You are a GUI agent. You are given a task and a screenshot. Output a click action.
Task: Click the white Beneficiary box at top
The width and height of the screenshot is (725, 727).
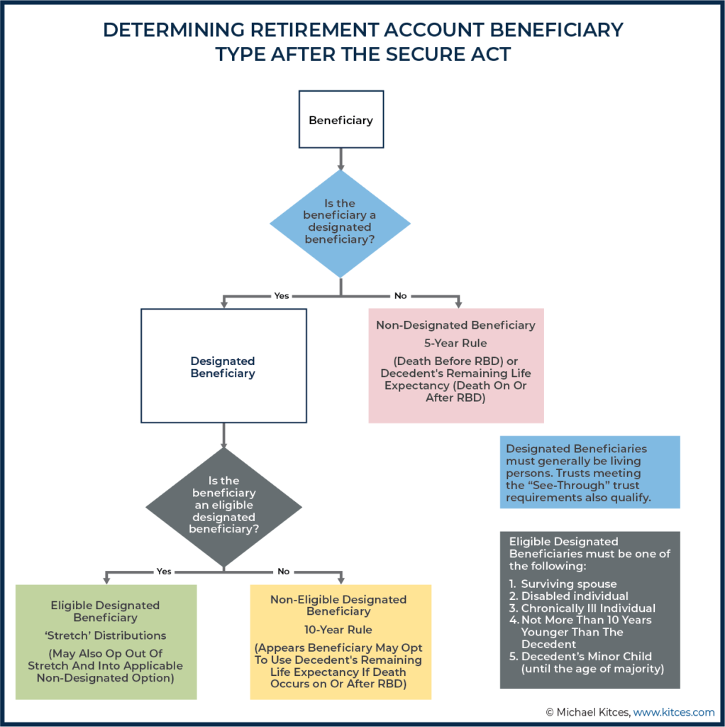[x=341, y=120]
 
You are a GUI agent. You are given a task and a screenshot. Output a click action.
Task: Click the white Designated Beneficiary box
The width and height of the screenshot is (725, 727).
[x=223, y=366]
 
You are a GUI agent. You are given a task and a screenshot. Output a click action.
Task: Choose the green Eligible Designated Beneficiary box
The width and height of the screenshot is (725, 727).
[x=105, y=641]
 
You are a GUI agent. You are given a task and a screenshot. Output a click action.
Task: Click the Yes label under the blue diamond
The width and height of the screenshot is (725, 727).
[x=282, y=295]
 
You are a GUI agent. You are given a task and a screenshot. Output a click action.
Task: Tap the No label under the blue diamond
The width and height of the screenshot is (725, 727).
[x=401, y=295]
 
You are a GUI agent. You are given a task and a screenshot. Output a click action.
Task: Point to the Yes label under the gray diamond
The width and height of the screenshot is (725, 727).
[x=165, y=571]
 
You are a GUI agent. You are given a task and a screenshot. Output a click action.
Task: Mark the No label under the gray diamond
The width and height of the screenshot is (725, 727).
[x=284, y=571]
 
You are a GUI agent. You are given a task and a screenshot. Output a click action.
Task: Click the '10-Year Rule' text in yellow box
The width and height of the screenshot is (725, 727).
[x=338, y=629]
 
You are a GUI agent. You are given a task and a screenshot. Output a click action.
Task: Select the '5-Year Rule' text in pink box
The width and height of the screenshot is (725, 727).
[x=456, y=343]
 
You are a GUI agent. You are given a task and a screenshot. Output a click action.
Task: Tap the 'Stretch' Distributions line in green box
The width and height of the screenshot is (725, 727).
[x=105, y=635]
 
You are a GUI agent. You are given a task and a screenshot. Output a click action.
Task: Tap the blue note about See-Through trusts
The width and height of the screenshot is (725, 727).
[x=590, y=472]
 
